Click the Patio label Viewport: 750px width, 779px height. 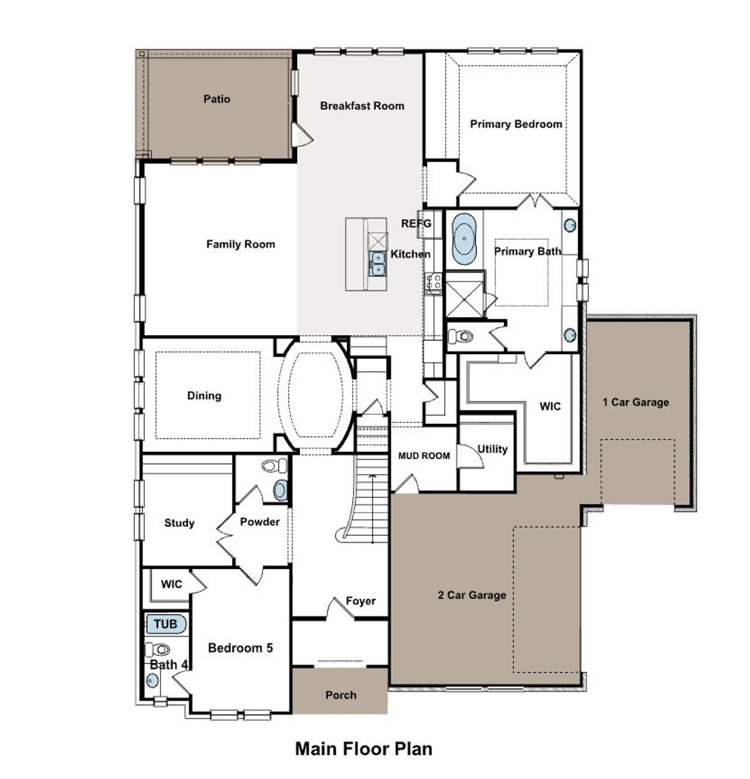point(217,99)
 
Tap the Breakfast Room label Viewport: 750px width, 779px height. point(362,106)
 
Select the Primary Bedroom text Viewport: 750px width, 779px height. point(516,124)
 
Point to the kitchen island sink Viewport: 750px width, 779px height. point(377,263)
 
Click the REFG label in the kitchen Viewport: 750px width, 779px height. point(416,223)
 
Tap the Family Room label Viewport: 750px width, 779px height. point(240,244)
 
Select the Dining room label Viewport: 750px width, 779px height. point(204,396)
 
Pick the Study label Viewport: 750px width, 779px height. point(179,523)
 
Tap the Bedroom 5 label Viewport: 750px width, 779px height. point(240,648)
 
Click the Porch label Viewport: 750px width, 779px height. point(340,695)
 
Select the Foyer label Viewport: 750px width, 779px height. point(360,601)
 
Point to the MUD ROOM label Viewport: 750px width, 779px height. point(424,455)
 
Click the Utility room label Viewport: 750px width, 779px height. point(492,449)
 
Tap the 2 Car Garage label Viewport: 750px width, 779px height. point(472,595)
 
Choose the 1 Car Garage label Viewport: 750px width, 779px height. point(636,402)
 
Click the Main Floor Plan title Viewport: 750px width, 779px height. point(363,749)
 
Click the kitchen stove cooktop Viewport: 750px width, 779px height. point(434,284)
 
